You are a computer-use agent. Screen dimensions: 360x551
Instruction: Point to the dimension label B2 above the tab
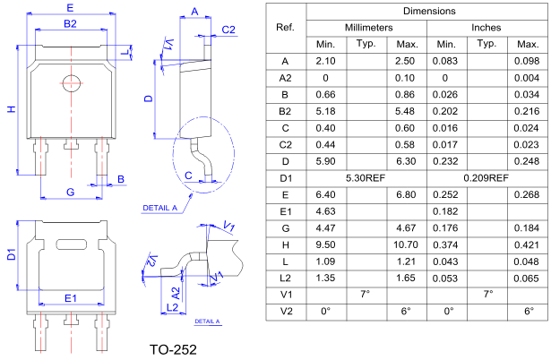(71, 23)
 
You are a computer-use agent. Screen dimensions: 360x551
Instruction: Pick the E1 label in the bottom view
(70, 297)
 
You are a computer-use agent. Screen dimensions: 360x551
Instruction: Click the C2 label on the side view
(228, 30)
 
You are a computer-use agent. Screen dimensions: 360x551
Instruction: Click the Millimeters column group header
(367, 28)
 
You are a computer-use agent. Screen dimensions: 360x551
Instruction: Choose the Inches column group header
(486, 28)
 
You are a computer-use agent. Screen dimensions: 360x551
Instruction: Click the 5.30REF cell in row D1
(366, 177)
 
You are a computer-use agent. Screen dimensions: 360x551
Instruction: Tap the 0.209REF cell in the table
(486, 177)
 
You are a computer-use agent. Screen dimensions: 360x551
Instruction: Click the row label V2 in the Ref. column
(286, 311)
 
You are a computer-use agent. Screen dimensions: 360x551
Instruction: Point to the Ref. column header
(286, 28)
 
